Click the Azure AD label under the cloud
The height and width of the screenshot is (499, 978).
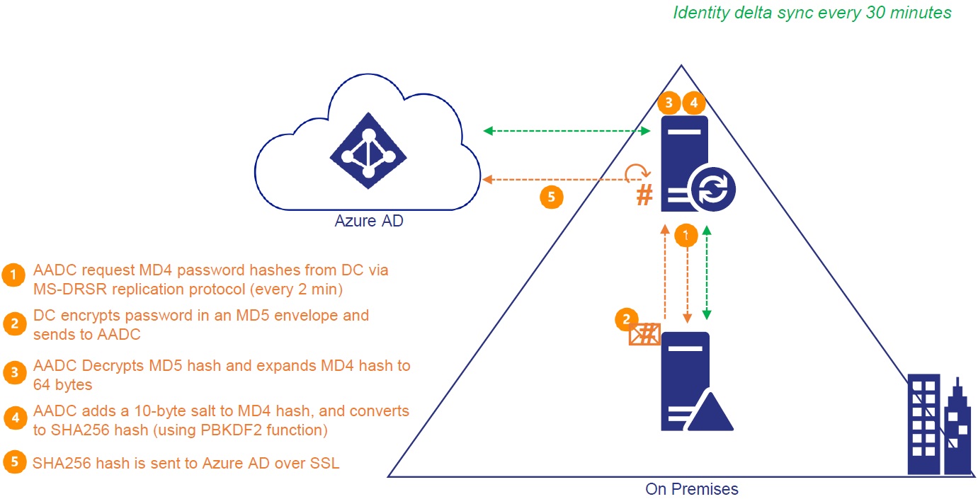368,222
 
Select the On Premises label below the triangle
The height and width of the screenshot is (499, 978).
692,488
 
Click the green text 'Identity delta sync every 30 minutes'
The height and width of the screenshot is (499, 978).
812,13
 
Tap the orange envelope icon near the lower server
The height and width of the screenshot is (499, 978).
644,334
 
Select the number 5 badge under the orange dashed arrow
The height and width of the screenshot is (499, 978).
552,197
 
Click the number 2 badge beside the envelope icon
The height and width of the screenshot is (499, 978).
625,319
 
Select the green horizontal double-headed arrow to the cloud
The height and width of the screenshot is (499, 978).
567,131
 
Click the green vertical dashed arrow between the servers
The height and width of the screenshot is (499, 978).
706,273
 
